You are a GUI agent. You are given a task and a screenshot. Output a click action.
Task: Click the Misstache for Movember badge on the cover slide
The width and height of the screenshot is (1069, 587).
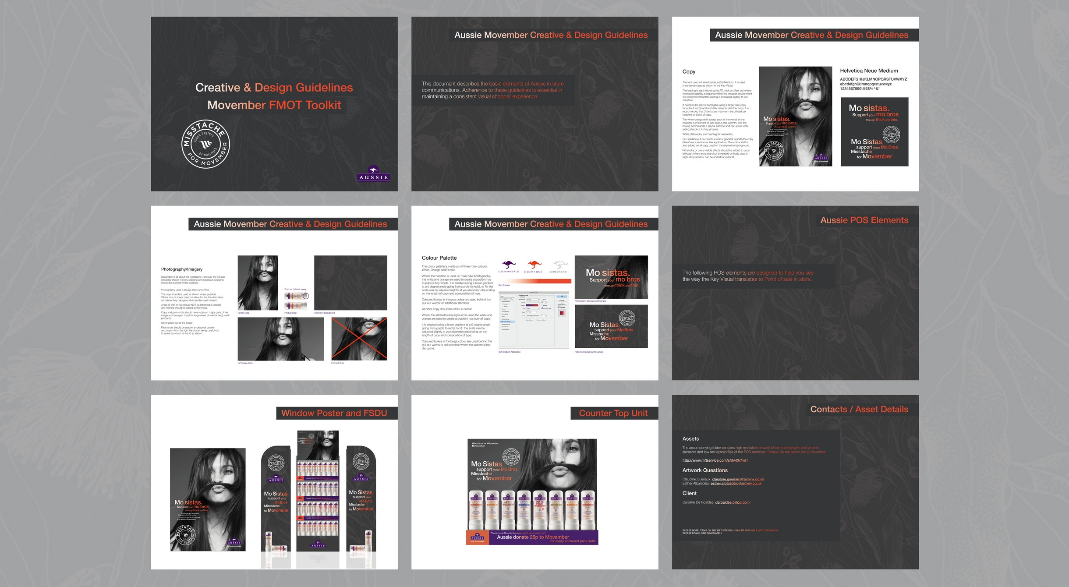[205, 144]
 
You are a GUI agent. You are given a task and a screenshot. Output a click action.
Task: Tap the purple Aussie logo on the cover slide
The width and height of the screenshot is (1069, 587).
[373, 174]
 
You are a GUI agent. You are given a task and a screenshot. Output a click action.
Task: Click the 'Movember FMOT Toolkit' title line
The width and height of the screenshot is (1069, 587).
[274, 105]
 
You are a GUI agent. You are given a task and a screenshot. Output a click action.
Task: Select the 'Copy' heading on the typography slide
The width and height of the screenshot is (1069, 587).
[689, 71]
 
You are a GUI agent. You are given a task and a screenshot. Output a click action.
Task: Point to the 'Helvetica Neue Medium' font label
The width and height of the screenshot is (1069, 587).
[869, 71]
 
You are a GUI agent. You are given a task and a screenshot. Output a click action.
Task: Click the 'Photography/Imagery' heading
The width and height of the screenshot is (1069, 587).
[182, 269]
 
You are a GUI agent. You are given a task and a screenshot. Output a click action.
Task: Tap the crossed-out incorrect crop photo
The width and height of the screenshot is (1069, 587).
[359, 339]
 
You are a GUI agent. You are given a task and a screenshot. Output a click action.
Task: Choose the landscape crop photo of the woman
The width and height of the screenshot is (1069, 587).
[280, 339]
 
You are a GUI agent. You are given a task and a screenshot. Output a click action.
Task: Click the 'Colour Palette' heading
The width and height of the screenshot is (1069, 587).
[439, 258]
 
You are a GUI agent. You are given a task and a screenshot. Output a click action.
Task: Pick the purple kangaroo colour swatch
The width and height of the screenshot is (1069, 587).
[509, 265]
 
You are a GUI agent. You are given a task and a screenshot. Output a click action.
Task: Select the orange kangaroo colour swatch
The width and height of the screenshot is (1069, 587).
[534, 265]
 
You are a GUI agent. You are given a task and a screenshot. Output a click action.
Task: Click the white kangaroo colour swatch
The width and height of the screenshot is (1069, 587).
[560, 265]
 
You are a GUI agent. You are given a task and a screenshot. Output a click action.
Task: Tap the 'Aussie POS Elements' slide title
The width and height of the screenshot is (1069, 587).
[864, 220]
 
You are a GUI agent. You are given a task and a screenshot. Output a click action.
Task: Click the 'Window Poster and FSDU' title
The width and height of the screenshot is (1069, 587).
[334, 413]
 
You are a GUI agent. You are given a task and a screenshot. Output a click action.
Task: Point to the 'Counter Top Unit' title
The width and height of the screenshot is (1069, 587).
[613, 413]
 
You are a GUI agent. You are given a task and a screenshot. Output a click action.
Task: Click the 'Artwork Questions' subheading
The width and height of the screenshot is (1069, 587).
[704, 470]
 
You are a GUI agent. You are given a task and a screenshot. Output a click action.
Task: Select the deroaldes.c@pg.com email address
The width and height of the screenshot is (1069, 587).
[732, 502]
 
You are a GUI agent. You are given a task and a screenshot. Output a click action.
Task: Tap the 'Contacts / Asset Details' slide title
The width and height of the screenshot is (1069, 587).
[859, 410]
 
